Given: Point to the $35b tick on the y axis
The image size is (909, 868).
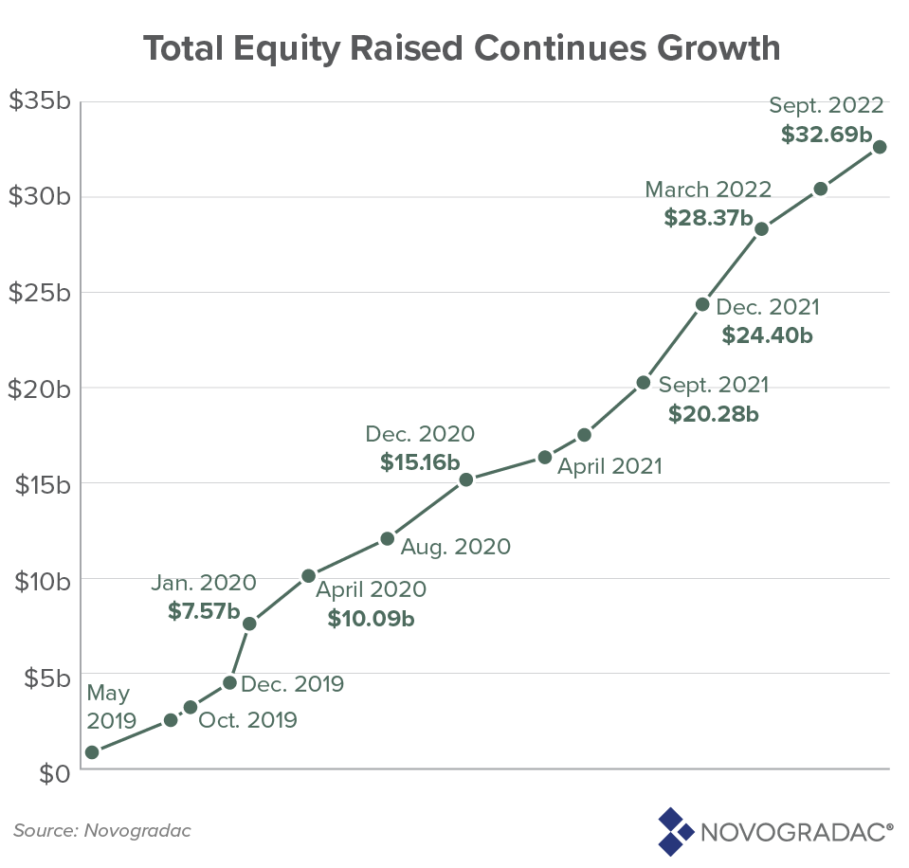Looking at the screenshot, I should (39, 102).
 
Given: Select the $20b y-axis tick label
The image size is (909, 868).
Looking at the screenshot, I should (39, 389).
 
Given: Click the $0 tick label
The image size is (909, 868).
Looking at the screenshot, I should (53, 771).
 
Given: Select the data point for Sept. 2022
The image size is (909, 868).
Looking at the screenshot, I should (880, 147).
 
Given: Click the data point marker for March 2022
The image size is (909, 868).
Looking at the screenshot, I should (761, 228).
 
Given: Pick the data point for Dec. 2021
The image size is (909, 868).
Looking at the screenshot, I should (702, 304).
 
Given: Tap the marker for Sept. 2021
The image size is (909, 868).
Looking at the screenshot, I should (643, 383).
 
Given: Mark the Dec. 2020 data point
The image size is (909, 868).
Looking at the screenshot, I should (465, 479).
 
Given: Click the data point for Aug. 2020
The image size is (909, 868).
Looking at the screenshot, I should (387, 538).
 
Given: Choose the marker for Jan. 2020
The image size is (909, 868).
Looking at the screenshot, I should (249, 624).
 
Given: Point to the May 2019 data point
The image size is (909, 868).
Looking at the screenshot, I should (92, 752).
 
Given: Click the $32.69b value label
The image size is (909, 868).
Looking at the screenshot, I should (832, 134).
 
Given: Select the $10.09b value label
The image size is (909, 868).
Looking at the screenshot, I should (371, 619).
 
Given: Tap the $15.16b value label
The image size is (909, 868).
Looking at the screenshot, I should (420, 462).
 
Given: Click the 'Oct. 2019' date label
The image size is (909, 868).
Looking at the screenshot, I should (247, 720).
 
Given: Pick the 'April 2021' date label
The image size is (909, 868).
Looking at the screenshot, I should (609, 466).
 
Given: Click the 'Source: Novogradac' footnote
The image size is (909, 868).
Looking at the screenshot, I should (102, 831).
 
